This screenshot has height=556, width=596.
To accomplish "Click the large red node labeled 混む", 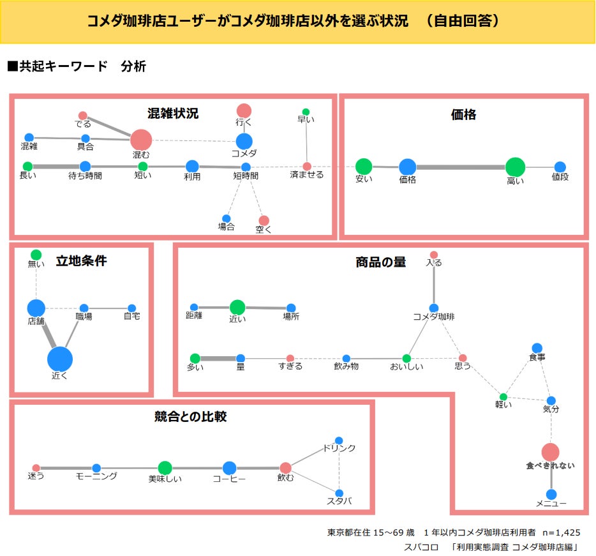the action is [x=141, y=140].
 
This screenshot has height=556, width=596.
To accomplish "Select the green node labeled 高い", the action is [x=515, y=167].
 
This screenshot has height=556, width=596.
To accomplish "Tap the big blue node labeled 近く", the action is [x=60, y=359].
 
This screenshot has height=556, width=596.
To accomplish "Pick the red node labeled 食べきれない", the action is [x=550, y=452].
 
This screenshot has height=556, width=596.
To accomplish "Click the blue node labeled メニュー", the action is [x=551, y=494].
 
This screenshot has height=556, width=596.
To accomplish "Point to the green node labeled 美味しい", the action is [x=165, y=468].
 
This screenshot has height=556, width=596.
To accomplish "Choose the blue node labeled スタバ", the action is [x=339, y=493].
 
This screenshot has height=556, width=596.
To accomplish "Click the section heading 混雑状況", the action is [x=173, y=114].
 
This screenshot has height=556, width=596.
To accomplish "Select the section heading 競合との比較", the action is [x=191, y=417].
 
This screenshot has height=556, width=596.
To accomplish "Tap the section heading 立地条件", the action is [x=81, y=260].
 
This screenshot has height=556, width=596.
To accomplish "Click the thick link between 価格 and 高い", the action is [x=461, y=167].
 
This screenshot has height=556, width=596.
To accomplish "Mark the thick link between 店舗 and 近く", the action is [x=48, y=333].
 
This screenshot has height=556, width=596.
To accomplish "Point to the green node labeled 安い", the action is [x=364, y=167].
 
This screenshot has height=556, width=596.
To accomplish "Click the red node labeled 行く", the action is [x=244, y=110].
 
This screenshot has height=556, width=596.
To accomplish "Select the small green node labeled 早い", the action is [x=306, y=112].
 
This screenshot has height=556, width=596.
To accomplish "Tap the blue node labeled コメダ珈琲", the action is [x=434, y=308].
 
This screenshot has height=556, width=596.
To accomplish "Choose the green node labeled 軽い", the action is [x=503, y=397].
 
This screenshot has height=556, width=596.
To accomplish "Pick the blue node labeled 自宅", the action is [x=131, y=308].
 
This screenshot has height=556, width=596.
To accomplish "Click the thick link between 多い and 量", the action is [x=218, y=358].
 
